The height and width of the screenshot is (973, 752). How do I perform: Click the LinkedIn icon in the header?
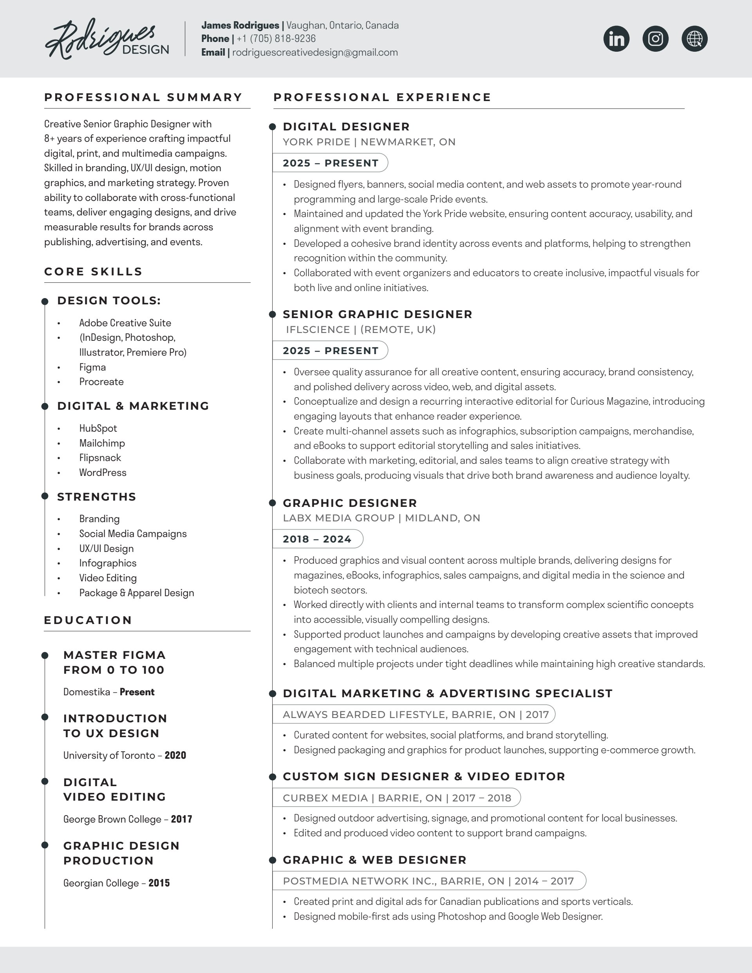[x=616, y=39]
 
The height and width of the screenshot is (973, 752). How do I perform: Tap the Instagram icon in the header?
[x=655, y=39]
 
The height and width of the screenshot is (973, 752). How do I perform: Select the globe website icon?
[x=694, y=39]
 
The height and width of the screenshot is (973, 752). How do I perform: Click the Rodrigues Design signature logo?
[x=107, y=39]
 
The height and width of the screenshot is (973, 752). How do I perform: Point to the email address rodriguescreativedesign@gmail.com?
[x=315, y=52]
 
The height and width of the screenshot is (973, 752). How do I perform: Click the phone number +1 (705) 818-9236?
[x=276, y=39]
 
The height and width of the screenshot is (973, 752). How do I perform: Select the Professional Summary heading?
[x=143, y=98]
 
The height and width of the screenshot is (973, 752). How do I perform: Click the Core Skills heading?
[x=93, y=272]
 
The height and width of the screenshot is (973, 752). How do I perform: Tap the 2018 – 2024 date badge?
[x=317, y=539]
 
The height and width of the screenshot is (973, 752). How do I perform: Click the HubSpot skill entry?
[x=98, y=428]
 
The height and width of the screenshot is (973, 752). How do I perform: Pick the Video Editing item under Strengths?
[x=108, y=578]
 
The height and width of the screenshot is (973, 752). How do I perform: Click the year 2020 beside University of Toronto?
[x=175, y=755]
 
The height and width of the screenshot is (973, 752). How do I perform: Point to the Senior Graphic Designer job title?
[x=377, y=315]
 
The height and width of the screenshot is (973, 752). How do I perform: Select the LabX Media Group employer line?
[x=381, y=518]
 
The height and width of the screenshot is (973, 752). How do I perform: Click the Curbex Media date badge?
[x=396, y=798]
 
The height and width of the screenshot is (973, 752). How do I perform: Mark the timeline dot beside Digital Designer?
[x=273, y=127]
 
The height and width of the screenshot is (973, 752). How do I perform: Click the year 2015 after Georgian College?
[x=159, y=883]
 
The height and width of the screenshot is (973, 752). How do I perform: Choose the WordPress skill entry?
[x=103, y=473]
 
